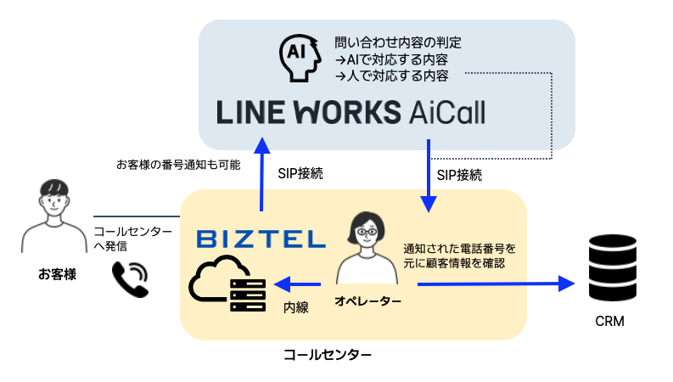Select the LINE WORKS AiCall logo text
pos(351,112)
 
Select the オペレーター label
pos(367,301)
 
